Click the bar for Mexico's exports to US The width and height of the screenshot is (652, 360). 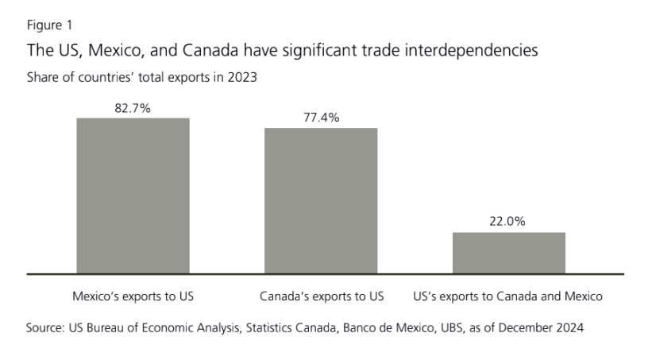tap(133, 195)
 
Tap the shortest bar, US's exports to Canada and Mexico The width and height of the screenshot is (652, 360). tap(508, 253)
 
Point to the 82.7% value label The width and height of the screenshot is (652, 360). tap(133, 107)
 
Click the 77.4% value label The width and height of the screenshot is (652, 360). tap(321, 117)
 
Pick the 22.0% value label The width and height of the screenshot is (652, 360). tap(508, 222)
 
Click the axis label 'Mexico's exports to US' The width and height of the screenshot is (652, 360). tap(133, 296)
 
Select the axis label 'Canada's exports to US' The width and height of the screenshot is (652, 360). tap(322, 296)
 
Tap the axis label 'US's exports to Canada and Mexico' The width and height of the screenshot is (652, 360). tap(508, 296)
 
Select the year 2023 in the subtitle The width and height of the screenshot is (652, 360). tap(242, 78)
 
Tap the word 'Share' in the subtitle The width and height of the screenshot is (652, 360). tap(43, 78)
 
